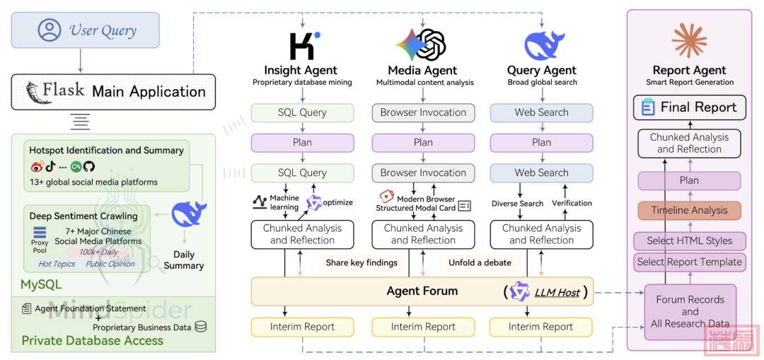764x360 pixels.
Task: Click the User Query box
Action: coord(86,30)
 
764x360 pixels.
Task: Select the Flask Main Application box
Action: coord(113,92)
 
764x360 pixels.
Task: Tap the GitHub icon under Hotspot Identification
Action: coord(89,167)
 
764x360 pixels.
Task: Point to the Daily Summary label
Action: coord(184,260)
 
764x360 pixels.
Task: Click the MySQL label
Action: coord(41,285)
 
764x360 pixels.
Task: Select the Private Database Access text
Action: coord(92,341)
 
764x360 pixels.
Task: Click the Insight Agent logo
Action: coord(303,45)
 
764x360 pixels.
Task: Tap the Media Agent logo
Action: coord(422,45)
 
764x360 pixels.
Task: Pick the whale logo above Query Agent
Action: coord(543,45)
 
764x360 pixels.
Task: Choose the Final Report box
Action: coord(689,108)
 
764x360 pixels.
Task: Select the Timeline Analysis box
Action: coord(689,211)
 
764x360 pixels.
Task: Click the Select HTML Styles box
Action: coord(689,240)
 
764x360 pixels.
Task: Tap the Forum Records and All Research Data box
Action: coord(690,311)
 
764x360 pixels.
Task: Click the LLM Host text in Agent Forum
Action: coord(557,292)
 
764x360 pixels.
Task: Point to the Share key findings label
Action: coord(361,263)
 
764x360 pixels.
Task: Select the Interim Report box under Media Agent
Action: coord(423,327)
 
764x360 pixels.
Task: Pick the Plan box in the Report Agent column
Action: coord(689,180)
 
